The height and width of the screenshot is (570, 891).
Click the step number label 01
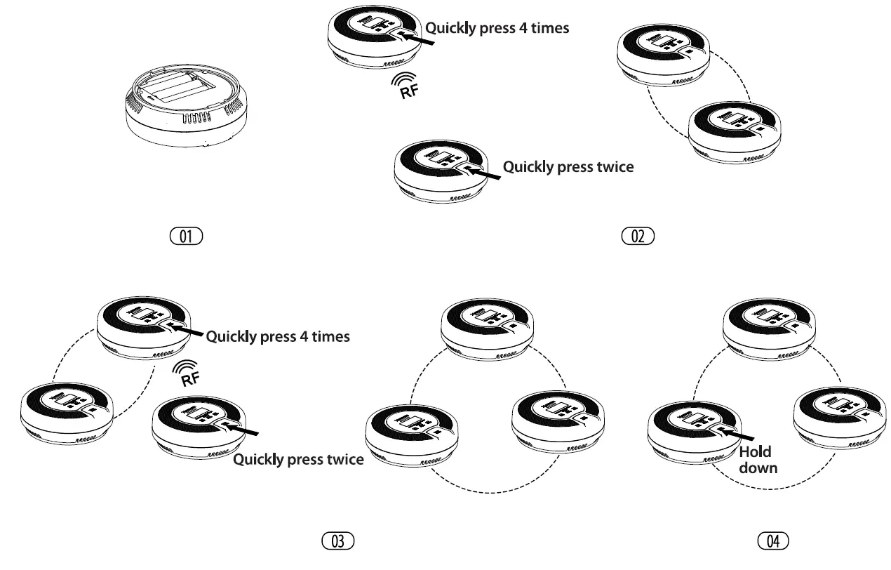pos(185,236)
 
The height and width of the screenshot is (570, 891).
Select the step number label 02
pos(638,236)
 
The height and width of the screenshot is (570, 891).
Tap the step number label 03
pos(337,541)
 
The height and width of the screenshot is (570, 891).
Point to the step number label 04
pos(773,541)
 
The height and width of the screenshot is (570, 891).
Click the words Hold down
pos(758,459)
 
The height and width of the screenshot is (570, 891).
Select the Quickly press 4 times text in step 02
pos(497,29)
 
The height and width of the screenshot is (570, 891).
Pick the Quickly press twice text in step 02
pos(568,167)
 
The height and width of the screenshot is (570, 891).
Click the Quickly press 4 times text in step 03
pos(278,336)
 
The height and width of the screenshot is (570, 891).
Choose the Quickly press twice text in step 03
pos(298,460)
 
